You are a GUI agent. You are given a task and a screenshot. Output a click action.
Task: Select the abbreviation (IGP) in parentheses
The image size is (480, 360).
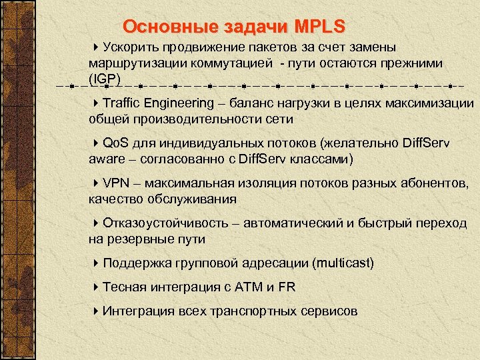pos(103,78)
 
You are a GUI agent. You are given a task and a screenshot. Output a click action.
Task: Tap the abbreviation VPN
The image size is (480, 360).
pos(117,183)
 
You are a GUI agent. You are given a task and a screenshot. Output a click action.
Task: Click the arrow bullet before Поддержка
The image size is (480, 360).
pos(97,263)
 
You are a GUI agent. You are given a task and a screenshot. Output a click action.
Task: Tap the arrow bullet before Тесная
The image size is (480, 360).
pos(97,287)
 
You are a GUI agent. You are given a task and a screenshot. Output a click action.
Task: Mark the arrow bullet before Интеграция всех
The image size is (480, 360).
pos(97,311)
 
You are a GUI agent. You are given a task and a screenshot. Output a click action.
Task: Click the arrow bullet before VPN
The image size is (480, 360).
pos(97,183)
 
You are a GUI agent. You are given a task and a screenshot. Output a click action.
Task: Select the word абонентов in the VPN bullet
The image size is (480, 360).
pos(433,183)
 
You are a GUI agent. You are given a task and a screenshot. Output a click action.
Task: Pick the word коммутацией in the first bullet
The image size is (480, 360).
pos(233,63)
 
